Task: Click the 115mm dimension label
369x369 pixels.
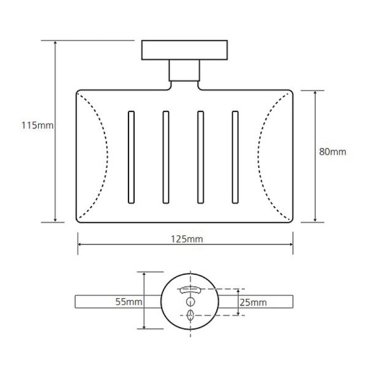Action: pyautogui.click(x=38, y=125)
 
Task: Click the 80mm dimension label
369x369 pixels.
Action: pyautogui.click(x=333, y=152)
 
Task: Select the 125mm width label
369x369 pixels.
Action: pyautogui.click(x=187, y=239)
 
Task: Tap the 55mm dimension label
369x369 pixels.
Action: pyautogui.click(x=129, y=302)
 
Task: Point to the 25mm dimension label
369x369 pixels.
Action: pyautogui.click(x=253, y=302)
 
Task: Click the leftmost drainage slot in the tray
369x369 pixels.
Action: pyautogui.click(x=131, y=157)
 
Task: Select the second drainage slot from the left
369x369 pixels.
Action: pyautogui.click(x=166, y=157)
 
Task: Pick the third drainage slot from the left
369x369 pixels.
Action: pyautogui.click(x=200, y=157)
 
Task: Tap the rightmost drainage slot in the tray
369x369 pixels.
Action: pyautogui.click(x=235, y=157)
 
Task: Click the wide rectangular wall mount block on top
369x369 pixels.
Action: pyautogui.click(x=184, y=50)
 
